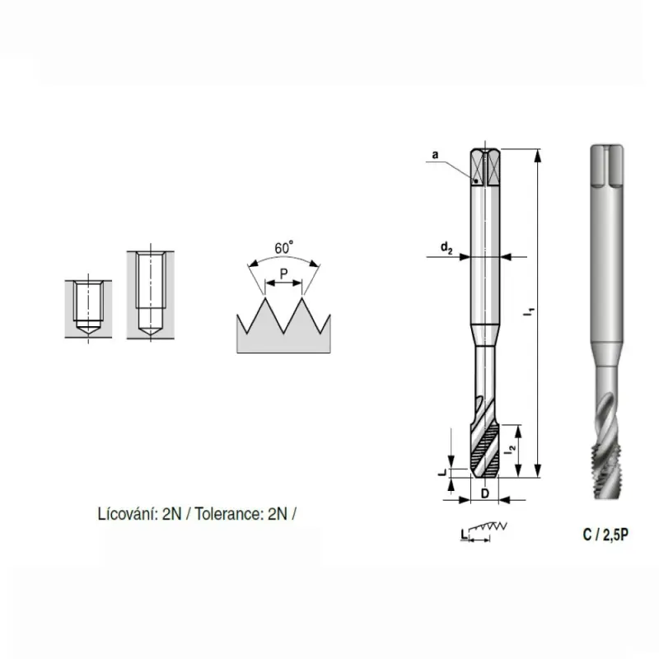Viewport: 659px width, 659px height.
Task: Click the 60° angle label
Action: [283, 248]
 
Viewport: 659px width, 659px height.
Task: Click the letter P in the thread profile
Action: [283, 274]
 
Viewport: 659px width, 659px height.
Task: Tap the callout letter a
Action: [435, 155]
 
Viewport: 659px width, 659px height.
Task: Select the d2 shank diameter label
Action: [446, 248]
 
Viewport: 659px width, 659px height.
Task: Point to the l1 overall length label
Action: [530, 312]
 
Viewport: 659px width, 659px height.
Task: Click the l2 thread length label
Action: [511, 449]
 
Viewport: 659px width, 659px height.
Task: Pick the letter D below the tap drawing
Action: [484, 493]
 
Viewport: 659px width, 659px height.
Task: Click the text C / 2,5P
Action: [605, 535]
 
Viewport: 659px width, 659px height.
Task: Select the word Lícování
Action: [128, 514]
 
